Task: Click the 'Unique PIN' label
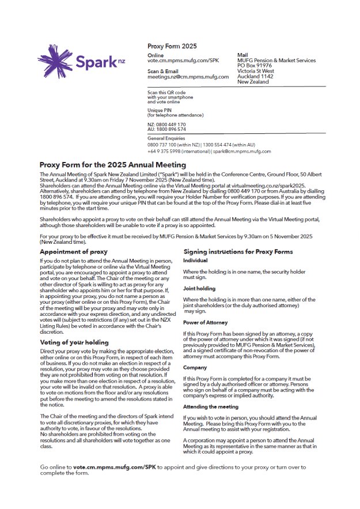[160, 110]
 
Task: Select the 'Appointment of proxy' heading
[73, 252]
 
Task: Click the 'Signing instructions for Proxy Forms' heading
[238, 252]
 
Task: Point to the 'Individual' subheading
[195, 261]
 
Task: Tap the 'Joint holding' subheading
[199, 288]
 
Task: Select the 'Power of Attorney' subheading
[205, 323]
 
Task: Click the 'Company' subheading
[195, 367]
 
